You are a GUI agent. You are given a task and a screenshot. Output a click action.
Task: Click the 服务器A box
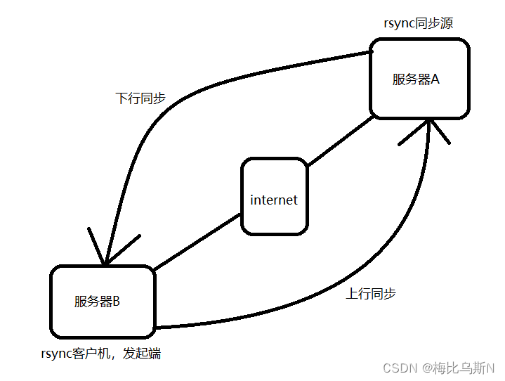[x=419, y=79]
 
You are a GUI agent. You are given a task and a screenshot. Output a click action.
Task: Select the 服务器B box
[x=103, y=302]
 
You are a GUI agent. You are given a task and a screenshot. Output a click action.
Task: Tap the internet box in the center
[x=274, y=196]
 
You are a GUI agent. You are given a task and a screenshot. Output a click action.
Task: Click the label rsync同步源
[x=418, y=23]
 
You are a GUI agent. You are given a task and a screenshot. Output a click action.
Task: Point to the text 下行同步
[x=140, y=98]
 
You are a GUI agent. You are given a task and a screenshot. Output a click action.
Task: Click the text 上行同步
[x=371, y=293]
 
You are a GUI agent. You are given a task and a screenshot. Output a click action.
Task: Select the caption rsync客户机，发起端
[x=101, y=354]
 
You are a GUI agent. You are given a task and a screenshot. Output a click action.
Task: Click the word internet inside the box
[x=274, y=200]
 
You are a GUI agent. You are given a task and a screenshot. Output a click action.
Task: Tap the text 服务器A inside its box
[x=416, y=79]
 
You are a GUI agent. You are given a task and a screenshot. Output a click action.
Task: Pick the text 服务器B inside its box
[x=97, y=302]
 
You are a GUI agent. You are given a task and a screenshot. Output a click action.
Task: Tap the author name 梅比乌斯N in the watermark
[x=464, y=368]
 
